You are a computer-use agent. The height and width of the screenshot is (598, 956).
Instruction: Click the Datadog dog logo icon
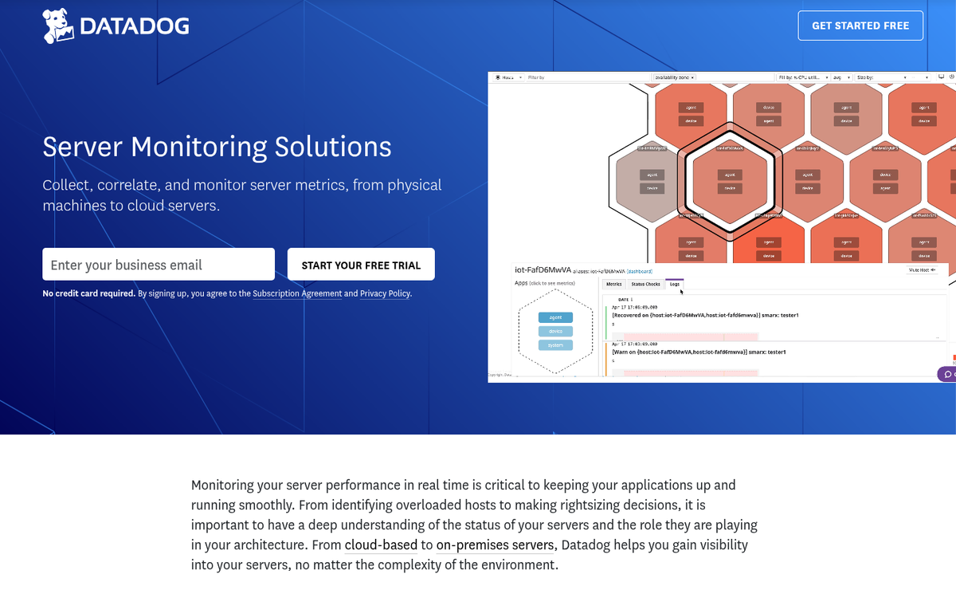[58, 26]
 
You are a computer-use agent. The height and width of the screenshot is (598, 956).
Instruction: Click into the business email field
[159, 265]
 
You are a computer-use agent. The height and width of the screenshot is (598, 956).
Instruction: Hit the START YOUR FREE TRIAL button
[361, 265]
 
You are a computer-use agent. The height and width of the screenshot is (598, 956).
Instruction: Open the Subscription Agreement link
[297, 293]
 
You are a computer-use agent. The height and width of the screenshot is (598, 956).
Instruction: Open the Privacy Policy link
[385, 293]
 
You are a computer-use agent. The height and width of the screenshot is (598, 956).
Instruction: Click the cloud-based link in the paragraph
[381, 545]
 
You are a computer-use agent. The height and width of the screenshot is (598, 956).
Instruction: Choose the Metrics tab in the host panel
[614, 284]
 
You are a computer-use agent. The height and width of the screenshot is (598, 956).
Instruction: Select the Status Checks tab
[645, 284]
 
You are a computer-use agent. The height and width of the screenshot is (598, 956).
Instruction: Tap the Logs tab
[675, 284]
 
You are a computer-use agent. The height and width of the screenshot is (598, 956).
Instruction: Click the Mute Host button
[923, 270]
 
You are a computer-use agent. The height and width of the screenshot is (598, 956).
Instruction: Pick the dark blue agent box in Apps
[555, 317]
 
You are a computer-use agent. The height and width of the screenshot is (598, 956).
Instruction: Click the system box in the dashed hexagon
[555, 345]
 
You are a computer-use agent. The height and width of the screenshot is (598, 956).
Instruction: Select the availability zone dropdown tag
[674, 77]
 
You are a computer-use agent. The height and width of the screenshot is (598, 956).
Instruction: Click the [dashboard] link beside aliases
[640, 271]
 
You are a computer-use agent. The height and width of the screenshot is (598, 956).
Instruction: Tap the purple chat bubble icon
[947, 373]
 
